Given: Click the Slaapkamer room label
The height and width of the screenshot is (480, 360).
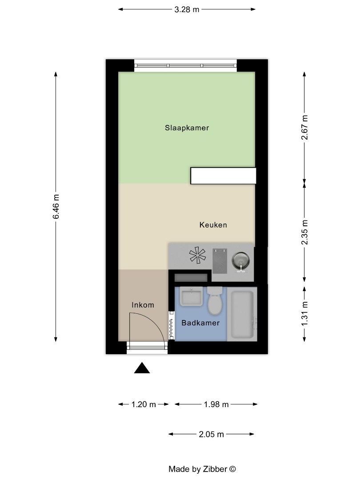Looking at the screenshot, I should [187, 128].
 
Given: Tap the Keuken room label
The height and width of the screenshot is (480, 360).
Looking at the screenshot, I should [213, 225].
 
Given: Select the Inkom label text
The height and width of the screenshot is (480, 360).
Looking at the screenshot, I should [143, 305].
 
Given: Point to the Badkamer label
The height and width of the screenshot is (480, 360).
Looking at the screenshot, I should [200, 323].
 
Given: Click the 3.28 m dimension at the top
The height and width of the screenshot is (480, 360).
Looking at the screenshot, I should [187, 8].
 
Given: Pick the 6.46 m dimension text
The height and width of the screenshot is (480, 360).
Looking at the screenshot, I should [56, 207].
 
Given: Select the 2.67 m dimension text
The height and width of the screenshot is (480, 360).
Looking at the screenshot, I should [304, 128].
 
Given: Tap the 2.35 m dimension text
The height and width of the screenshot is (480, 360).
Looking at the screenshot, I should [304, 232].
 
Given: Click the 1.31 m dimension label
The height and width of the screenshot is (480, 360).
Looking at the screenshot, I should [304, 314].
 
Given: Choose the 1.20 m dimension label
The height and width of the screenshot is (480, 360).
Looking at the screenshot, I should [144, 404].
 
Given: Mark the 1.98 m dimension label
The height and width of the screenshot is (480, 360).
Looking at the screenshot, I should [216, 404].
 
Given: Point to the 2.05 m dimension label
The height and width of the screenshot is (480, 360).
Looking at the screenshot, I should [212, 434].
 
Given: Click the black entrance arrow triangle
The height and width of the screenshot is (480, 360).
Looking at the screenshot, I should [142, 368].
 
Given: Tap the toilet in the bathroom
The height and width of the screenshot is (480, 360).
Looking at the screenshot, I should [215, 301].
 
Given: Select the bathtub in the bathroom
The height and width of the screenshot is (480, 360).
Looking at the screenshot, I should [242, 315].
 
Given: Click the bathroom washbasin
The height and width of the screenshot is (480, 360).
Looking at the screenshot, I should [191, 296].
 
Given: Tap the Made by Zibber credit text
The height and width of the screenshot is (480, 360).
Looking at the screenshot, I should [202, 469].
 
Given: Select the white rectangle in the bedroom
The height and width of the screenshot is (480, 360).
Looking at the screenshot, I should [223, 176].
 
